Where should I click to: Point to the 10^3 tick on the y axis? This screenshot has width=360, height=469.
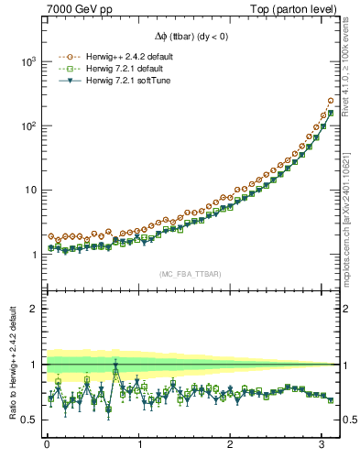click(x=27, y=61)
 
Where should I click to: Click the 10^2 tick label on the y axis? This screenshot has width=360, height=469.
click(x=27, y=125)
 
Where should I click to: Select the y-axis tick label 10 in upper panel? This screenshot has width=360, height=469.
click(x=29, y=191)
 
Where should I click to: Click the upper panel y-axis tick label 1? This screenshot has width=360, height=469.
click(x=33, y=255)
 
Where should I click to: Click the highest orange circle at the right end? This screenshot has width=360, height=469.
click(x=330, y=101)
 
